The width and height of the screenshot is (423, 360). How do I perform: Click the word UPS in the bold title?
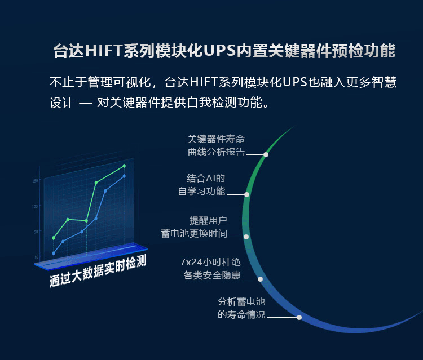pos(219,50)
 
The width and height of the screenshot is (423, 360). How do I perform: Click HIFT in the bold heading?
pos(104,50)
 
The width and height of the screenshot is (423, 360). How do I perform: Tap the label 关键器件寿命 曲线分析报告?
pos(216,145)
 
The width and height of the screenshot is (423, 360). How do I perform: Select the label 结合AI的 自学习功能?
pos(201,185)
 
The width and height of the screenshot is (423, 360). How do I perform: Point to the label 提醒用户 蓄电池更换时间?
pos(194,227)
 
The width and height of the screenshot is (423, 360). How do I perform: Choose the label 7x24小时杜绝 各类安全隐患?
pos(210,269)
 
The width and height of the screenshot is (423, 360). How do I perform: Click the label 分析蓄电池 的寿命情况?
pos(241,308)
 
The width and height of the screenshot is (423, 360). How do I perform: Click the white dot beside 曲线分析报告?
pos(266,154)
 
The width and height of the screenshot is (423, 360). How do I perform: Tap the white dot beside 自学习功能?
pos(246,194)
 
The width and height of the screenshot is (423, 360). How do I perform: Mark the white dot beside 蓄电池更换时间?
pos(246,237)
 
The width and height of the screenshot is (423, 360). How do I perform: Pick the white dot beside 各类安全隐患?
pos(261,279)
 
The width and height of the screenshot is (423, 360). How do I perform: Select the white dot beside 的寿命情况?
pos(299,317)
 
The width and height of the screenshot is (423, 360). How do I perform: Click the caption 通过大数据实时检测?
pos(98,271)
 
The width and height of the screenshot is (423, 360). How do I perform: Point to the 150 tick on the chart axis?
pos(35,180)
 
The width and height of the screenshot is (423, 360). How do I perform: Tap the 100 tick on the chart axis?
pos(35,206)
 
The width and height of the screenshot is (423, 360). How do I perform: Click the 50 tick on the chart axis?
pos(36,232)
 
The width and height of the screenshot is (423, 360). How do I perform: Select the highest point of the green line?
pos(124,166)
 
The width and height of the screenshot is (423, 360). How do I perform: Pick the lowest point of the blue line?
pos(54,254)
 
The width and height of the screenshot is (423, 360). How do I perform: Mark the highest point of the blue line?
pos(124,176)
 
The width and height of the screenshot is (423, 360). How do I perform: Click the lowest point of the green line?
pos(54,238)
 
